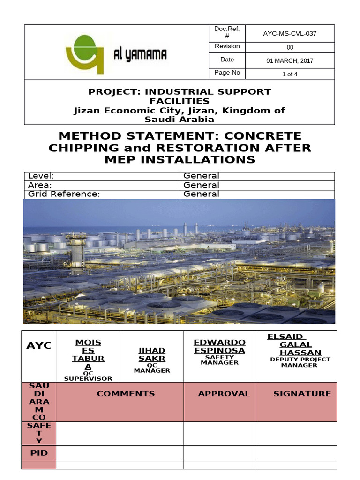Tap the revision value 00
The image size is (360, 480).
289,47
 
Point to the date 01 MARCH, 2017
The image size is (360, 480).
289,60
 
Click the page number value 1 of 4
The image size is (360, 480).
289,74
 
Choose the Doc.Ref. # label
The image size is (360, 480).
227,33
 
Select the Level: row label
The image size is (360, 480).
41,176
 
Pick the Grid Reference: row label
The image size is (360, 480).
64,194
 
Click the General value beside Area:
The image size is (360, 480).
201,185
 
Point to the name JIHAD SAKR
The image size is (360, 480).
151,355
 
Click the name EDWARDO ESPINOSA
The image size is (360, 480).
219,346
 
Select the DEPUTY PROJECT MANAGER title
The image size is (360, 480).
300,362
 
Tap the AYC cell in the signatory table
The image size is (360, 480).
38,345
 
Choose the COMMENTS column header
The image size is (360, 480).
126,394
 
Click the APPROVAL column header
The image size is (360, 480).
224,394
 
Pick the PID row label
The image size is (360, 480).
38,453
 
